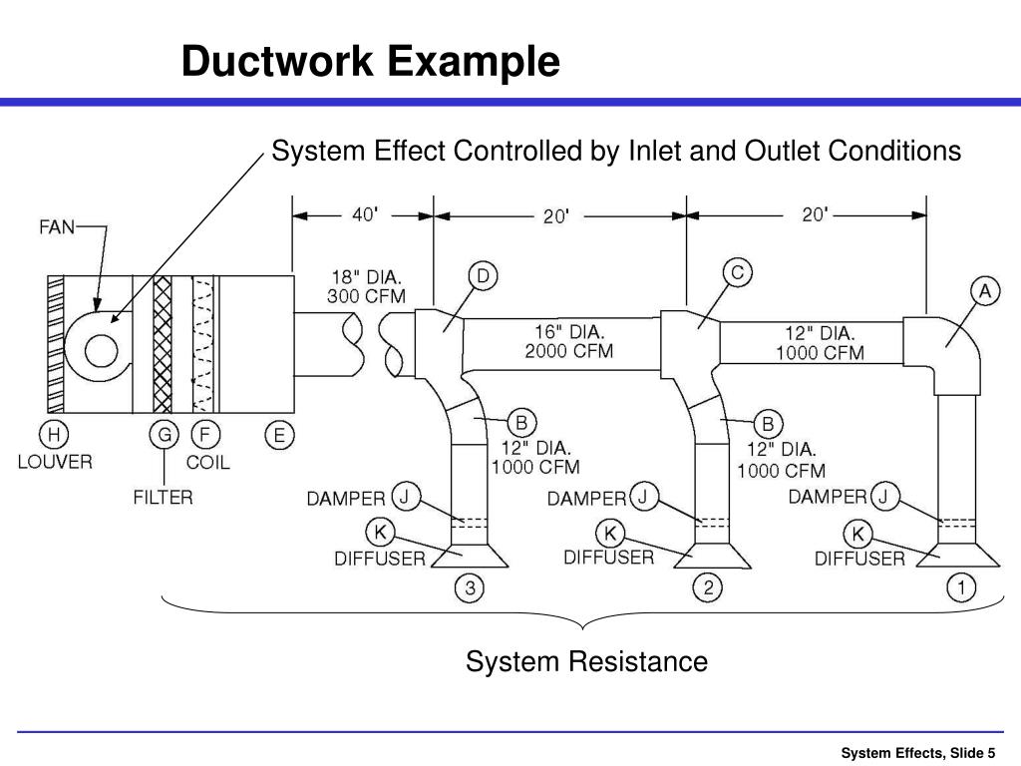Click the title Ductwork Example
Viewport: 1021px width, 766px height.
click(x=370, y=62)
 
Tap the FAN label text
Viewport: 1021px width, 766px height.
click(x=57, y=226)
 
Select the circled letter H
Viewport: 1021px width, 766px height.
click(x=53, y=435)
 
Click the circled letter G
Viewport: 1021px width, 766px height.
click(x=164, y=435)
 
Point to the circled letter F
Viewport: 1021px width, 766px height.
click(x=205, y=435)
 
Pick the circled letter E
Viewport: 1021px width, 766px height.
click(x=279, y=435)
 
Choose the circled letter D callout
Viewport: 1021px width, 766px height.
click(x=483, y=276)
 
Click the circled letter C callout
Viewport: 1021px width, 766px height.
click(x=737, y=272)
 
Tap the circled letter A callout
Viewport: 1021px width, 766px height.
click(x=985, y=290)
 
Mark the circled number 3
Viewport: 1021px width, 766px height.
click(x=470, y=588)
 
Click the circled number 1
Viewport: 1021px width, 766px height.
click(x=961, y=588)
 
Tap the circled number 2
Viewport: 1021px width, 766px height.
click(x=708, y=588)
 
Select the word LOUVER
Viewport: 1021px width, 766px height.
click(x=55, y=462)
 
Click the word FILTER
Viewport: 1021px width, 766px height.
click(x=164, y=496)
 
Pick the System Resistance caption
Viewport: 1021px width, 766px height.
click(x=586, y=661)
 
